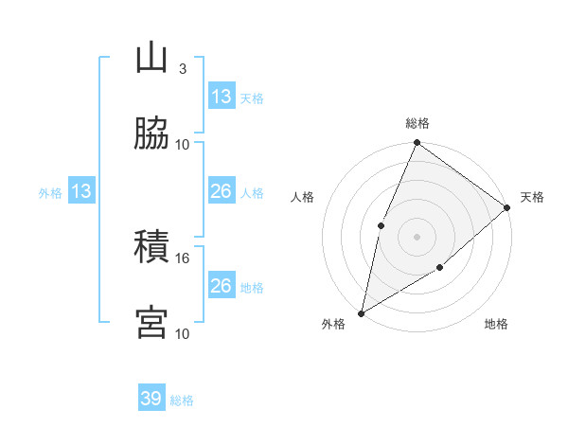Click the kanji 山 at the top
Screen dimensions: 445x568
[151, 59]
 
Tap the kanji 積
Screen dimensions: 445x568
[151, 247]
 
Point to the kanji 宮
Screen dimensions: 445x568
[151, 322]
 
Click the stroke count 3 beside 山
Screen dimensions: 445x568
[183, 69]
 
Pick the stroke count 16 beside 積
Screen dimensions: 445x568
[183, 258]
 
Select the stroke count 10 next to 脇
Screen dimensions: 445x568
[183, 144]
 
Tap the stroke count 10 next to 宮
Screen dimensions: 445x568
[183, 333]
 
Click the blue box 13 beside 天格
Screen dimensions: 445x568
[222, 97]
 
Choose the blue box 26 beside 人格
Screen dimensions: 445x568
[222, 192]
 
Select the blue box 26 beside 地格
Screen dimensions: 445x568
[222, 286]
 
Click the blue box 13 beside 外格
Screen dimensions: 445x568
[81, 192]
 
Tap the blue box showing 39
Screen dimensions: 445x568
[151, 399]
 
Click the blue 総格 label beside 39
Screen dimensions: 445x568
[182, 400]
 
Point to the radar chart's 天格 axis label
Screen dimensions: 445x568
[532, 197]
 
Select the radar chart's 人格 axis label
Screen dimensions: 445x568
[302, 197]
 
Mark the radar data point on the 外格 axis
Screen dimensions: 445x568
[361, 312]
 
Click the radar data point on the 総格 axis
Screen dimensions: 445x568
[417, 143]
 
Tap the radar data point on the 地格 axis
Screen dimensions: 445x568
[440, 268]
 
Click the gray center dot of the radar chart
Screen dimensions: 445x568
[417, 236]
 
